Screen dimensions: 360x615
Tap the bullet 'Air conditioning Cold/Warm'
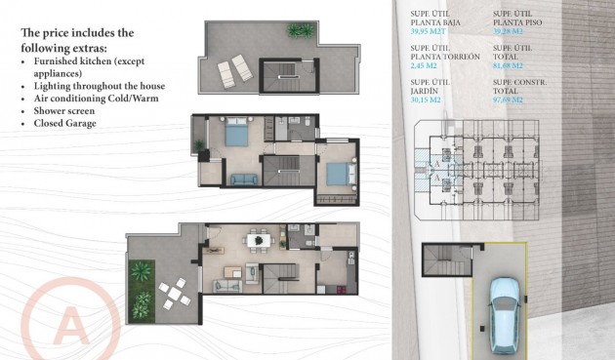pyautogui.click(x=96, y=98)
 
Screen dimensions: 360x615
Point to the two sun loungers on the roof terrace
pyautogui.click(x=232, y=70)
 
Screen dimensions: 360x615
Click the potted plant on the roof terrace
pyautogui.click(x=299, y=31)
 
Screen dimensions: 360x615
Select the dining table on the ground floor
pyautogui.click(x=258, y=239)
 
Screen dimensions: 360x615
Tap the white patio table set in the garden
pyautogui.click(x=172, y=292)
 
